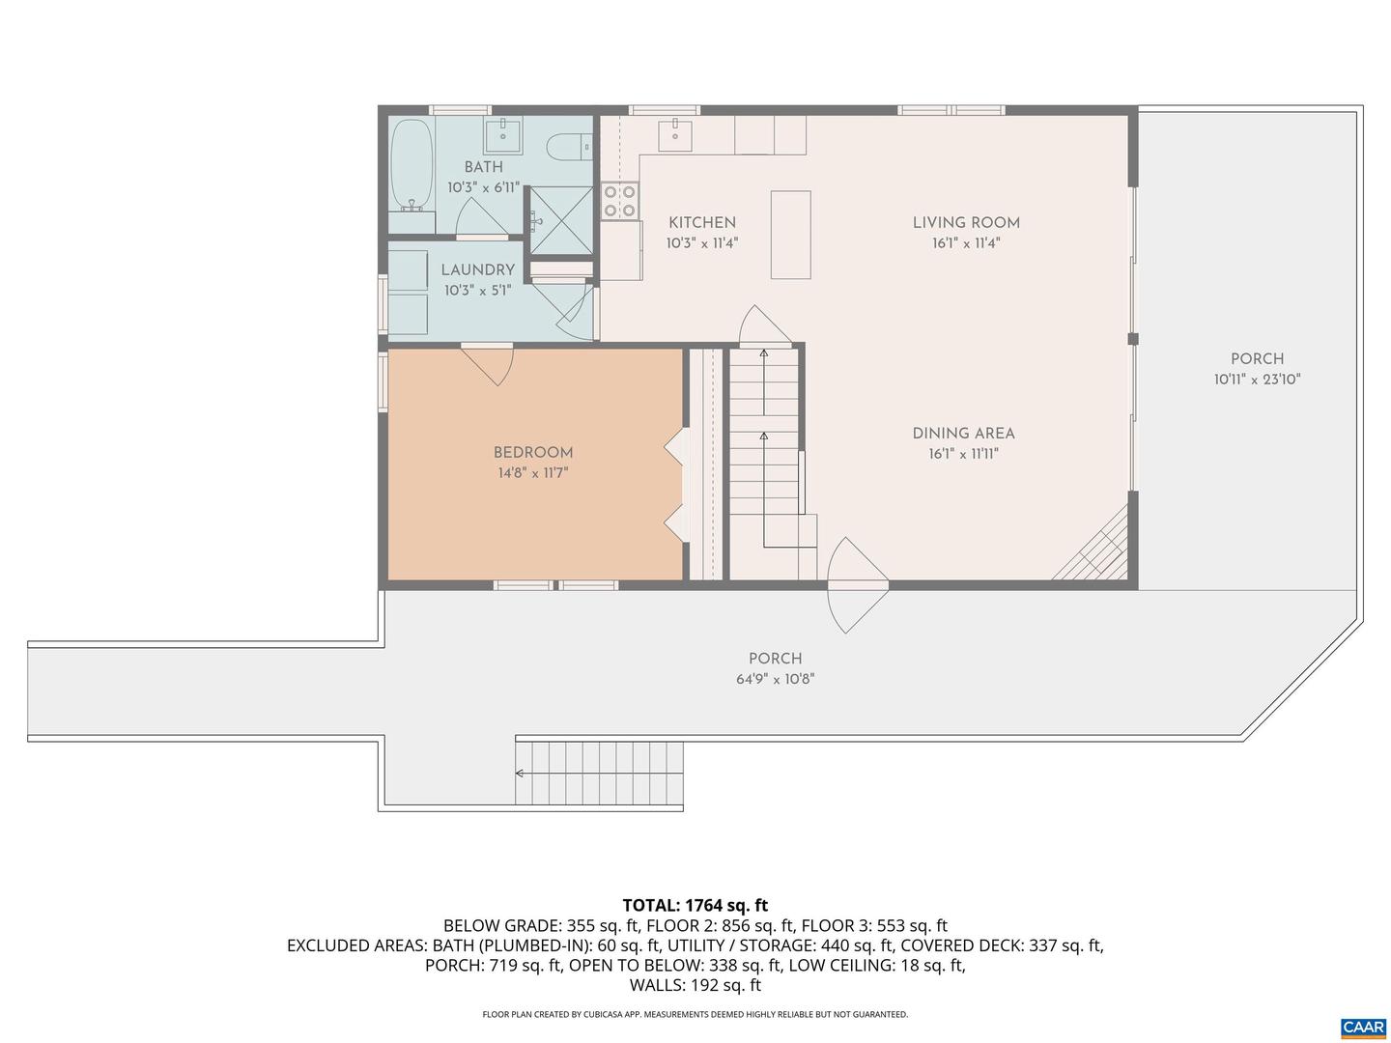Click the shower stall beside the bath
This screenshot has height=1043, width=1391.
[x=561, y=220]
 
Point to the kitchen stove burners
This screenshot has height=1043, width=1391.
[x=619, y=201]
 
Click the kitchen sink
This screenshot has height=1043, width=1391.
[x=675, y=135]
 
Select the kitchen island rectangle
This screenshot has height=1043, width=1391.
[x=790, y=235]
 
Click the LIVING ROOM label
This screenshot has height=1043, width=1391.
[x=966, y=222]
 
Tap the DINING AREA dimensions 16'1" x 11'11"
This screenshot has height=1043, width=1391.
[x=963, y=454]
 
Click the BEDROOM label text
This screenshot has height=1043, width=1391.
[x=533, y=452]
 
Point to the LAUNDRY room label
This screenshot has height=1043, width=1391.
[x=477, y=269]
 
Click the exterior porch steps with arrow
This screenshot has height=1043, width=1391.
[x=599, y=773]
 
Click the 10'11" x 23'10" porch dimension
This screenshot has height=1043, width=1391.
[x=1257, y=380]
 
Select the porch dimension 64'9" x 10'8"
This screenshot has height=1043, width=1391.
[x=775, y=679]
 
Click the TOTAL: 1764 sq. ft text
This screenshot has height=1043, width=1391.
[x=695, y=905]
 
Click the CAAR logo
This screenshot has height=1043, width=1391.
[x=1363, y=1027]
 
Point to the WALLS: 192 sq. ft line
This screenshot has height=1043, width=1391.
[x=695, y=985]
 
